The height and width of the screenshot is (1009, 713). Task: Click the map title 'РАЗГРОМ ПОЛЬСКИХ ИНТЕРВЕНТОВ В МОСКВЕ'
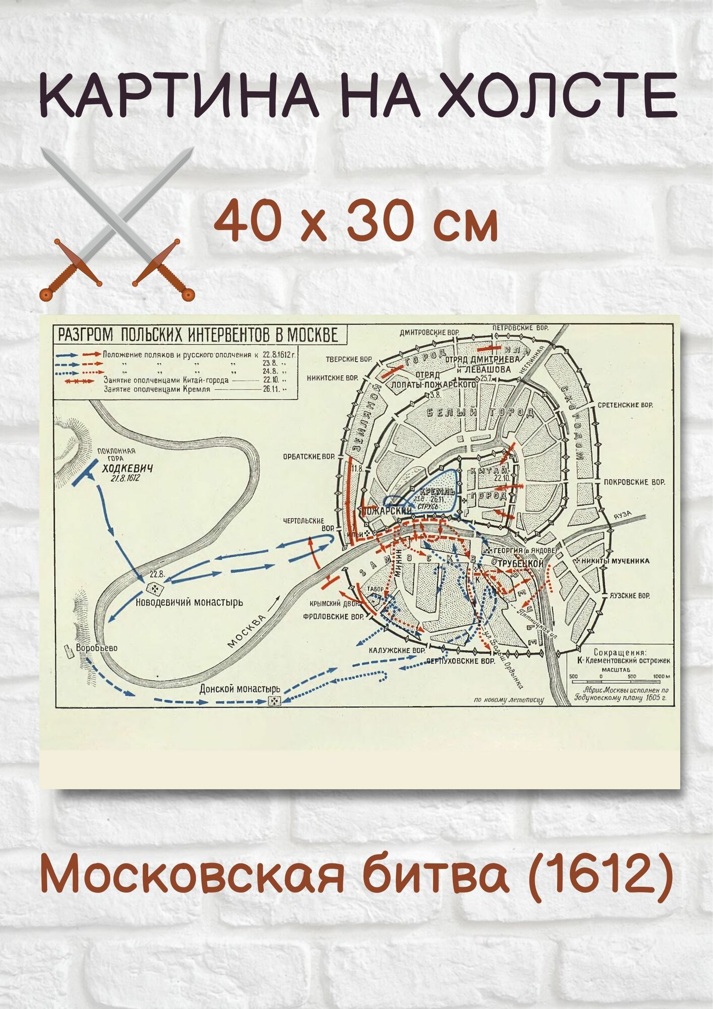[x=198, y=335]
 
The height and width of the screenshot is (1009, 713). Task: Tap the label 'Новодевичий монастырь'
[x=189, y=602]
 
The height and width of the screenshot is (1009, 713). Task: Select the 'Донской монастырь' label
[x=240, y=689]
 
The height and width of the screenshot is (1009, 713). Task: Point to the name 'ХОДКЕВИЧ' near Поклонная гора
[x=128, y=469]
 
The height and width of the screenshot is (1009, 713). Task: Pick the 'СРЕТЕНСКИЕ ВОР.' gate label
[x=625, y=405]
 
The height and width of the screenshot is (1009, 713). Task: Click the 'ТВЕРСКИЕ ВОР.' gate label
[x=348, y=359]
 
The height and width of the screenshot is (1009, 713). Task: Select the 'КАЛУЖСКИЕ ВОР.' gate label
[x=396, y=650]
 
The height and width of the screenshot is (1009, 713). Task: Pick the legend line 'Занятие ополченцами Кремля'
[x=157, y=389]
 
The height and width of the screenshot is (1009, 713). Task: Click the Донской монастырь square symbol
[x=274, y=701]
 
